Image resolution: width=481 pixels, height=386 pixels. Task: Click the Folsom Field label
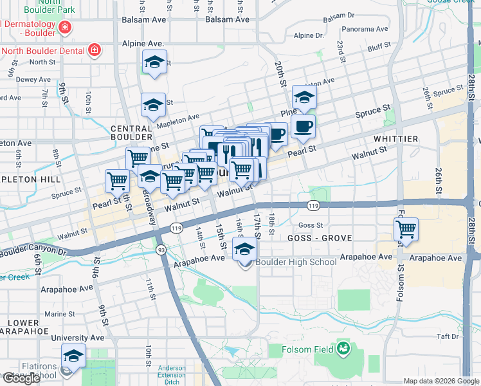pyautogui.click(x=307, y=349)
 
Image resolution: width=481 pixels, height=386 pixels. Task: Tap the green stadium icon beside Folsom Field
pyautogui.click(x=344, y=349)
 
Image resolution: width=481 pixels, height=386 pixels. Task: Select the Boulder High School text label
pyautogui.click(x=296, y=262)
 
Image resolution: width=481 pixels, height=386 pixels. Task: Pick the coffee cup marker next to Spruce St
pyautogui.click(x=303, y=126)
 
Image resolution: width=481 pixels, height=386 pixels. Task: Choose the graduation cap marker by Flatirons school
pyautogui.click(x=73, y=356)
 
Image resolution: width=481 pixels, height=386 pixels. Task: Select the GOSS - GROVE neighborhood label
pyautogui.click(x=325, y=238)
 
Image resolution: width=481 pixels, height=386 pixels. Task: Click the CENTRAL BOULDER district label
pyautogui.click(x=131, y=133)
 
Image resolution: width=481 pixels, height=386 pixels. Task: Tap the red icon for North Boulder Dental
pyautogui.click(x=94, y=50)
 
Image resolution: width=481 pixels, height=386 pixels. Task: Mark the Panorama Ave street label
pyautogui.click(x=365, y=29)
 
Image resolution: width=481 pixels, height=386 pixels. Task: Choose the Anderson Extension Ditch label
pyautogui.click(x=172, y=374)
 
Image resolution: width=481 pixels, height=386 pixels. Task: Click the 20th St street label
pyautogui.click(x=280, y=75)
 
